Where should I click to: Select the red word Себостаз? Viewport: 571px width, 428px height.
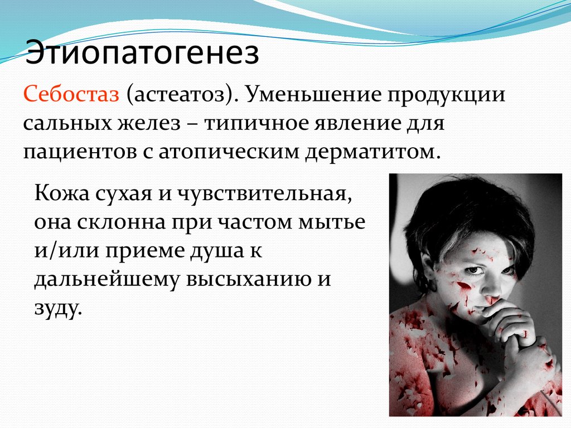coord(71,94)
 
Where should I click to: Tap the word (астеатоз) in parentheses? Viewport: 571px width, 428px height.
coord(179,95)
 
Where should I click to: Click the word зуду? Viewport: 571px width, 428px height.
coord(57,308)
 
